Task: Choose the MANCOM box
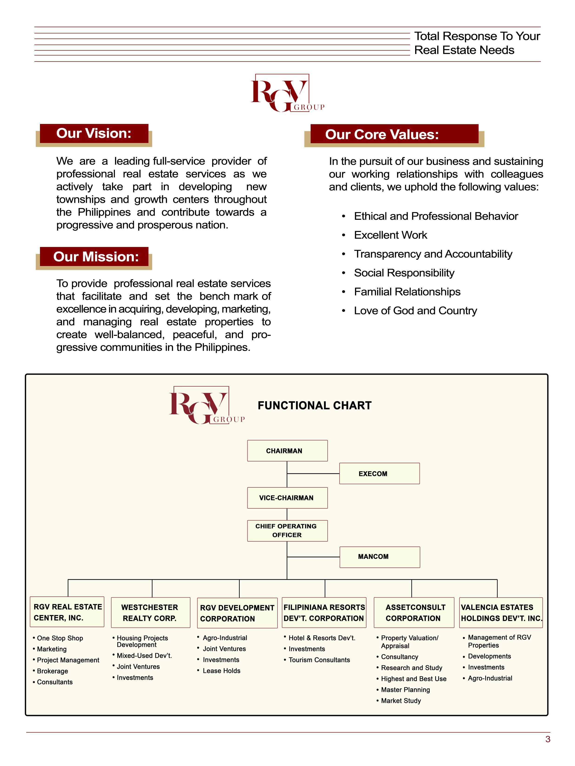pos(380,556)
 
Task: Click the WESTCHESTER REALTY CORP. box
pos(150,612)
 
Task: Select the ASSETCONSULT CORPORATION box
pos(414,612)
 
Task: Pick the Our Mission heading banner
pos(94,256)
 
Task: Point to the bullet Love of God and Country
pos(415,311)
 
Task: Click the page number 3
pos(548,739)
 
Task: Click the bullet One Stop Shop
pos(60,638)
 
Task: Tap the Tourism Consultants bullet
pos(319,660)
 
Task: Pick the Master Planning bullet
pos(405,689)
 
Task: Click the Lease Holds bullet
pos(221,670)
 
